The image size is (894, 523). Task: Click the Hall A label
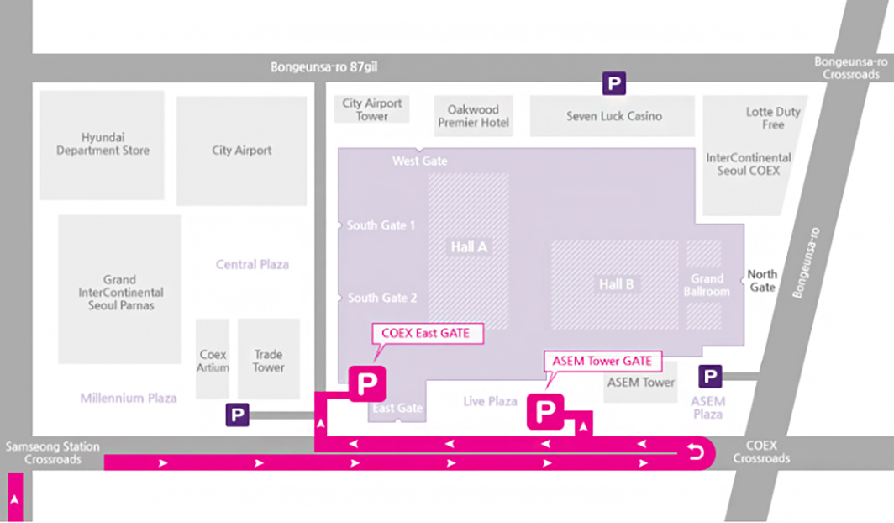(x=469, y=247)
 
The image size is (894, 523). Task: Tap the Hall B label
(x=616, y=285)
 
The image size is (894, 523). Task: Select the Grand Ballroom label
(x=707, y=285)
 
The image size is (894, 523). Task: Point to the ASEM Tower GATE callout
(x=602, y=361)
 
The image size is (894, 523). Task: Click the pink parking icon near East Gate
(x=367, y=383)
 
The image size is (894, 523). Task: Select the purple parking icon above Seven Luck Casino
(x=615, y=83)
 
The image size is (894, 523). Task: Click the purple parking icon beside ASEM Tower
(x=711, y=377)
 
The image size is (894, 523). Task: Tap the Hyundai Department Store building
(x=103, y=145)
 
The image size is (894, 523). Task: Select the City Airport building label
(x=242, y=151)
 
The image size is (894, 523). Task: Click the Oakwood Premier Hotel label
(x=473, y=116)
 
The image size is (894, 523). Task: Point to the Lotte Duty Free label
(x=773, y=118)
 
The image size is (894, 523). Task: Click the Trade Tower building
(x=269, y=360)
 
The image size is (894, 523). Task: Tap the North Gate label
(x=762, y=281)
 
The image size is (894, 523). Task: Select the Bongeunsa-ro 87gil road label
(x=323, y=66)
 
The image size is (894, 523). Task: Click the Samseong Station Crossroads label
(x=52, y=453)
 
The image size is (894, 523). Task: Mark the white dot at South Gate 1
(x=339, y=225)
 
